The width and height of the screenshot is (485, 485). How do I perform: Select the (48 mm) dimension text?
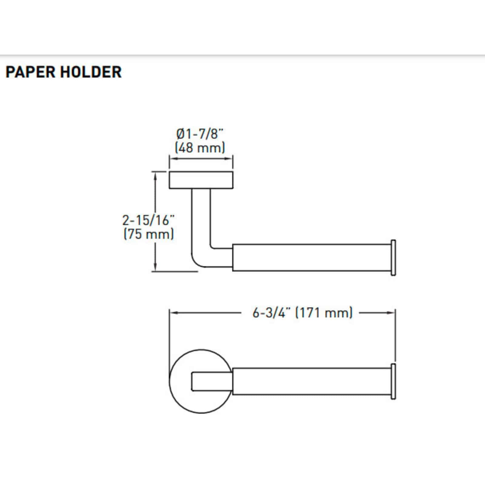[200, 148]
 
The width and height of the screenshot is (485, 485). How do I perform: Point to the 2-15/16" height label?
[149, 220]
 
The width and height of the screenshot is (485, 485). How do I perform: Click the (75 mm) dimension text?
[149, 234]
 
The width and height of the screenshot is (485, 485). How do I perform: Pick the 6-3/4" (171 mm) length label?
[303, 313]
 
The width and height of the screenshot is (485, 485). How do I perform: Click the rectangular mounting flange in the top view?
[201, 180]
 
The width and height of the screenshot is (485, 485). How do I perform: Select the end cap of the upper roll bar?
[393, 258]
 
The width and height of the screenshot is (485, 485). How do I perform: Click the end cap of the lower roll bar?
[393, 381]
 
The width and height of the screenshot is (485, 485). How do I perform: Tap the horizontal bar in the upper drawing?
[311, 257]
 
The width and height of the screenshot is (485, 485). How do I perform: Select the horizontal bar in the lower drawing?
[311, 381]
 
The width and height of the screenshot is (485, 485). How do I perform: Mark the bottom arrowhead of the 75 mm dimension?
[156, 268]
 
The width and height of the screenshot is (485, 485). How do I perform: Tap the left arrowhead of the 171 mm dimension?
[173, 313]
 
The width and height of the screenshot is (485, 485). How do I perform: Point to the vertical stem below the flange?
[201, 215]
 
